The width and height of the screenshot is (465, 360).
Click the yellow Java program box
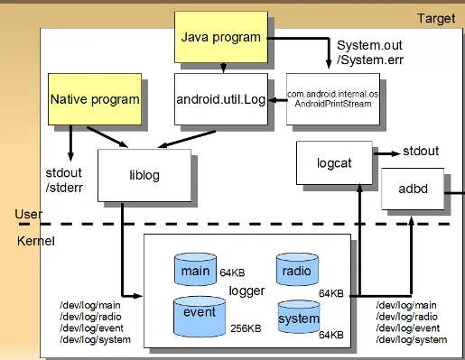point(221,37)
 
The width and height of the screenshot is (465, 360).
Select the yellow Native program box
point(95,99)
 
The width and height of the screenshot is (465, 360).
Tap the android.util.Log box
point(221,99)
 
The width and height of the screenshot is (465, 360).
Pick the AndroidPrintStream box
point(333,99)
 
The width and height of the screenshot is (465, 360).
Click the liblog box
point(144,175)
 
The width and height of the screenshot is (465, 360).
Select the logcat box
point(334,162)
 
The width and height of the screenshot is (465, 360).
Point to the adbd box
point(413,189)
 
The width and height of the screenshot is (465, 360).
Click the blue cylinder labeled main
point(195,270)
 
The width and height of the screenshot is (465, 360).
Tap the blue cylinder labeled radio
point(297,270)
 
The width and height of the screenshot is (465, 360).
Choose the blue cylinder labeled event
point(200,317)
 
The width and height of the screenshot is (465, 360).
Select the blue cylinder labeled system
point(299,317)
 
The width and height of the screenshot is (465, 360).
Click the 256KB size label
point(246,328)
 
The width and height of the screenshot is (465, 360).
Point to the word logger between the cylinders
point(246,291)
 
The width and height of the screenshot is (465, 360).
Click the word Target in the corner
point(436,19)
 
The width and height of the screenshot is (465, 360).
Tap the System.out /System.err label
point(370,52)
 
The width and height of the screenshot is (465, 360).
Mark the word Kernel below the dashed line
point(36,241)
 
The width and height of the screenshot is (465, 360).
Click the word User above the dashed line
point(29,214)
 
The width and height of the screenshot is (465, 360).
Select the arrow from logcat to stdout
point(387,153)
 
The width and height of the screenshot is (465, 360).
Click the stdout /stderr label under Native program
point(64,180)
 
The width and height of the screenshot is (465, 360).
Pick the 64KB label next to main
point(232,272)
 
